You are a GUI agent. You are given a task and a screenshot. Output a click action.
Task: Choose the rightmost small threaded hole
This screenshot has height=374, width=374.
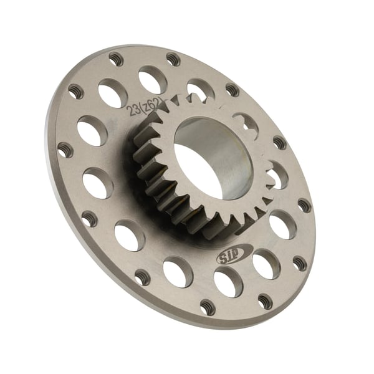tap(304, 205)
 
